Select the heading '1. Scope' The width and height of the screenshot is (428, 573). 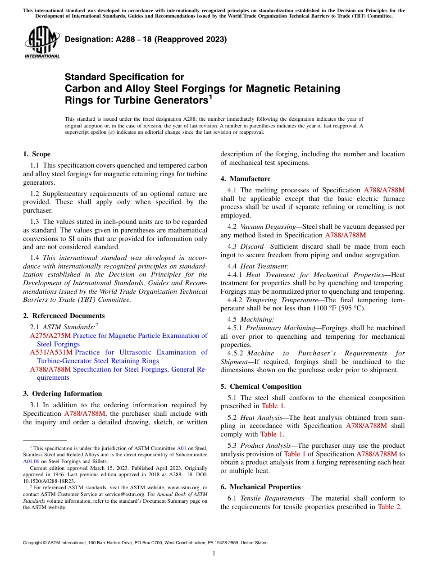pyautogui.click(x=36, y=154)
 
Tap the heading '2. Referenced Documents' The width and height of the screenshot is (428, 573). pyautogui.click(x=64, y=316)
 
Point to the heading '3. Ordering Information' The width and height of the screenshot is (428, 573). pyautogui.click(x=62, y=394)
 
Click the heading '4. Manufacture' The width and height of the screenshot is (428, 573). pyautogui.click(x=246, y=179)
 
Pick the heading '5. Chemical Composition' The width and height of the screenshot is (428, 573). pyautogui.click(x=261, y=387)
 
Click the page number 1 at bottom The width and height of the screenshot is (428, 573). pyautogui.click(x=214, y=553)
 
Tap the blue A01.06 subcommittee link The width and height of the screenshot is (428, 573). pyautogui.click(x=31, y=461)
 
